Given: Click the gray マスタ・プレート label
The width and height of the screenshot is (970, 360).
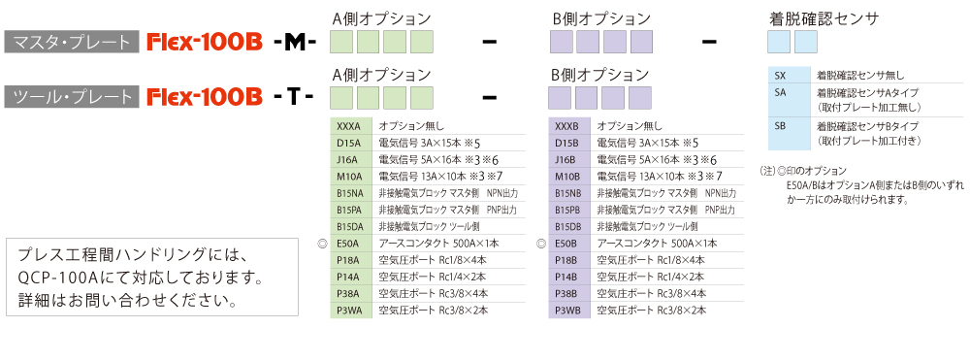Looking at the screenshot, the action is pos(72,42).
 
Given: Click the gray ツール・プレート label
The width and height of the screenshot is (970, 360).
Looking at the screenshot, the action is pos(72,97).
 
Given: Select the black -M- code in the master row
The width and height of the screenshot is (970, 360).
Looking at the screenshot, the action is pos(295,42).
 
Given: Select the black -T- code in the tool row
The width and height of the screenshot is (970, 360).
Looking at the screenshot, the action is pos(293,97).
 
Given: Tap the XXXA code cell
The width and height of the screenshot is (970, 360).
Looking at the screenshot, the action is pos(351,126).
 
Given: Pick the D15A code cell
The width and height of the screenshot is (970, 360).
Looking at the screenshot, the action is pos(351,143).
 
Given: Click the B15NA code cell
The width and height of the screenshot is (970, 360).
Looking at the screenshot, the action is pos(351,193).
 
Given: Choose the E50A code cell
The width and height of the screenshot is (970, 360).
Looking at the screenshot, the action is pos(351,244).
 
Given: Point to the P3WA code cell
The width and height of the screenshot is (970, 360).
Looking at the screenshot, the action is pos(351,310).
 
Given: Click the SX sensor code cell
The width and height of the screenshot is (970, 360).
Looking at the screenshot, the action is pos(788,76).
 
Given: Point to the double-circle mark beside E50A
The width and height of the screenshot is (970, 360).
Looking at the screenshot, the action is pos(321,244).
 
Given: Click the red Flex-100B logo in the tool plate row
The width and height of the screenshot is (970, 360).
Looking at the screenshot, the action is pos(205,97).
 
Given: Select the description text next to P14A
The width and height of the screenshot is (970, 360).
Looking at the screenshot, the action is pos(433,277).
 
